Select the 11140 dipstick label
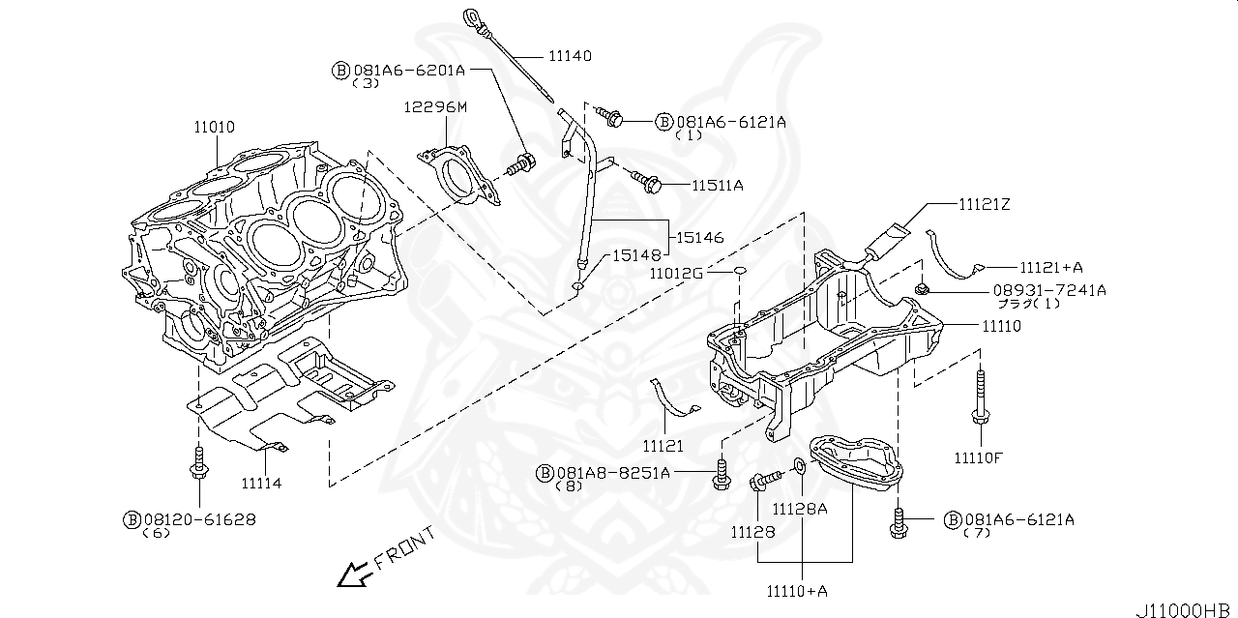(570, 56)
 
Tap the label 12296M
(435, 107)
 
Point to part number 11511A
(717, 184)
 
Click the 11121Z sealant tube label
(984, 205)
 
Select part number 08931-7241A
(1046, 289)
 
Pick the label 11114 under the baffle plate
(261, 483)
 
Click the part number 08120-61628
(199, 519)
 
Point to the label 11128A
(800, 509)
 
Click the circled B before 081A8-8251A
(545, 473)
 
